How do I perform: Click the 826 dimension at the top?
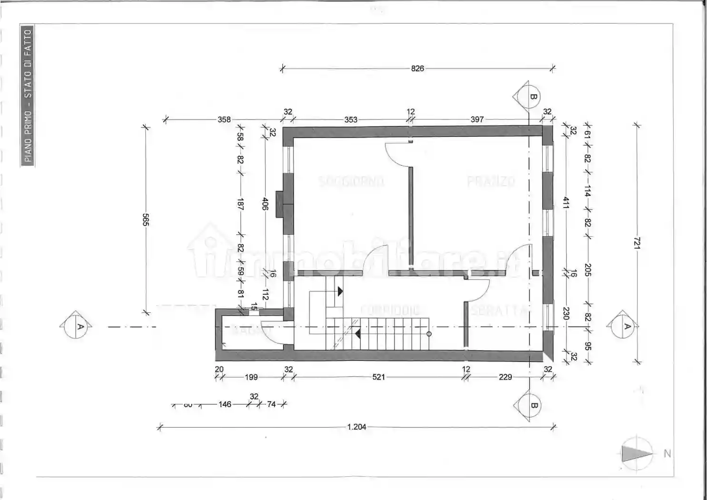click(418, 69)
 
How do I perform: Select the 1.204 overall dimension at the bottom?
click(357, 427)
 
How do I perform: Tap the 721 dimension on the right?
click(637, 243)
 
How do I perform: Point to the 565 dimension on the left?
click(146, 220)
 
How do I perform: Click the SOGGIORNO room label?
click(351, 181)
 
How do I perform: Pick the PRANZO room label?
click(491, 181)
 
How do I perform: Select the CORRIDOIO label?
click(390, 310)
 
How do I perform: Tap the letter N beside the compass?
click(667, 454)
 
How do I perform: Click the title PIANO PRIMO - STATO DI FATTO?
click(28, 95)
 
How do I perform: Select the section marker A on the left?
click(76, 326)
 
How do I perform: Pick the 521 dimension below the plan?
click(378, 377)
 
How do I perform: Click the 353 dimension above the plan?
click(351, 120)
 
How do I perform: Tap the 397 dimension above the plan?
click(477, 120)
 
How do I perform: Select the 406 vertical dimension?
click(265, 204)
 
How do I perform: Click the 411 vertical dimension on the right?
click(566, 203)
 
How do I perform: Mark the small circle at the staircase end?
click(429, 334)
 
